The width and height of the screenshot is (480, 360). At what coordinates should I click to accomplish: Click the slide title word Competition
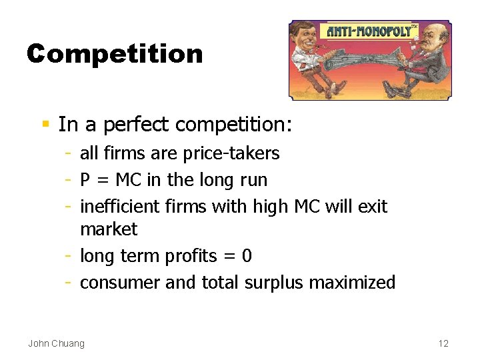pyautogui.click(x=115, y=54)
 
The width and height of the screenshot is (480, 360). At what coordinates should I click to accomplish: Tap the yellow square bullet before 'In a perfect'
pyautogui.click(x=45, y=124)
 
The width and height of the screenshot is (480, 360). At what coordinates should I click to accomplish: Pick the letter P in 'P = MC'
pyautogui.click(x=85, y=180)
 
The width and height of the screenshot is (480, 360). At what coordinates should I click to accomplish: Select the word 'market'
pyautogui.click(x=109, y=229)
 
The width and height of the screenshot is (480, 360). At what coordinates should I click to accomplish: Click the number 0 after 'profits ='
pyautogui.click(x=247, y=256)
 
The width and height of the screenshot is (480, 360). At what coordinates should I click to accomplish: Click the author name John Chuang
pyautogui.click(x=56, y=343)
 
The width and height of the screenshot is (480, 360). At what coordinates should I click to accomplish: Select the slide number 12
pyautogui.click(x=443, y=343)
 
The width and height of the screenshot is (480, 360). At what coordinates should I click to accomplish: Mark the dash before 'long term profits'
pyautogui.click(x=69, y=256)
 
